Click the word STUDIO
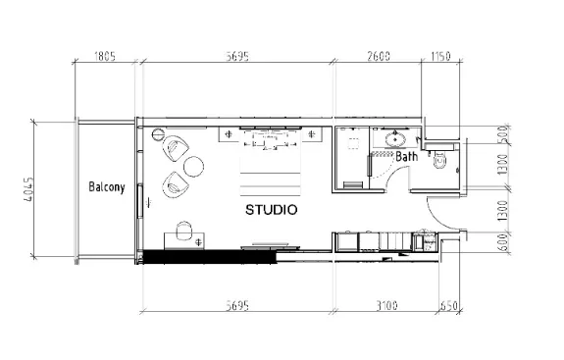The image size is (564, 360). click(x=272, y=210)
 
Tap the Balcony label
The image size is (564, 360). click(x=105, y=186)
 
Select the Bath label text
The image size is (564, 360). click(x=407, y=156)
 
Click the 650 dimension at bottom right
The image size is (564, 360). click(x=448, y=306)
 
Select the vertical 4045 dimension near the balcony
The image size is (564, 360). click(x=29, y=186)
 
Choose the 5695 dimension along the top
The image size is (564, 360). click(x=239, y=56)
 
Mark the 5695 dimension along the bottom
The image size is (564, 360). click(x=239, y=306)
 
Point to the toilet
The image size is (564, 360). click(x=439, y=161)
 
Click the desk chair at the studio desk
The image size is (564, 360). click(x=182, y=231)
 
